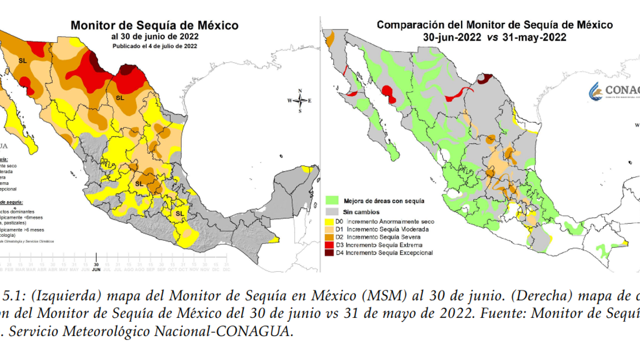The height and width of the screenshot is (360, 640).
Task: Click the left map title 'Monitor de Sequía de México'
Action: click(154, 26)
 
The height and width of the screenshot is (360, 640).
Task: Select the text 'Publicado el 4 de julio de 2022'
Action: click(154, 46)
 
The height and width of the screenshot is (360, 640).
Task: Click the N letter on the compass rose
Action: click(300, 91)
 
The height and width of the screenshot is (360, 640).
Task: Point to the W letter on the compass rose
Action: click(289, 101)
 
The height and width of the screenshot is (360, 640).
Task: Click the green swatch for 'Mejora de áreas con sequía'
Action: click(332, 201)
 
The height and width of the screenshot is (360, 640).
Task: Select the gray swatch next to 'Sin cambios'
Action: click(332, 212)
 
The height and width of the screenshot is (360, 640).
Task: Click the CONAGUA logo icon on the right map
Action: click(596, 91)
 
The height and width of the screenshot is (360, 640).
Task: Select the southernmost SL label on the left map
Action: click(179, 213)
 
